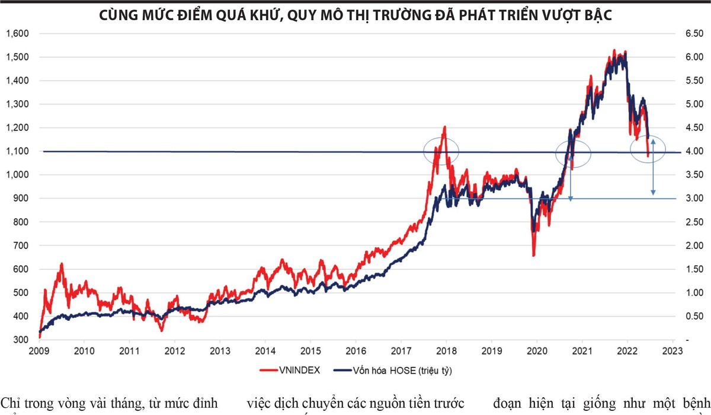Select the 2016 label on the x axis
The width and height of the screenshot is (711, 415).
pos(355,350)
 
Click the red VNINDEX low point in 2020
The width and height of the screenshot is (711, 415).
pos(534,255)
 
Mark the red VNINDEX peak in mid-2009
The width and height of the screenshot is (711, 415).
pos(62,264)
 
